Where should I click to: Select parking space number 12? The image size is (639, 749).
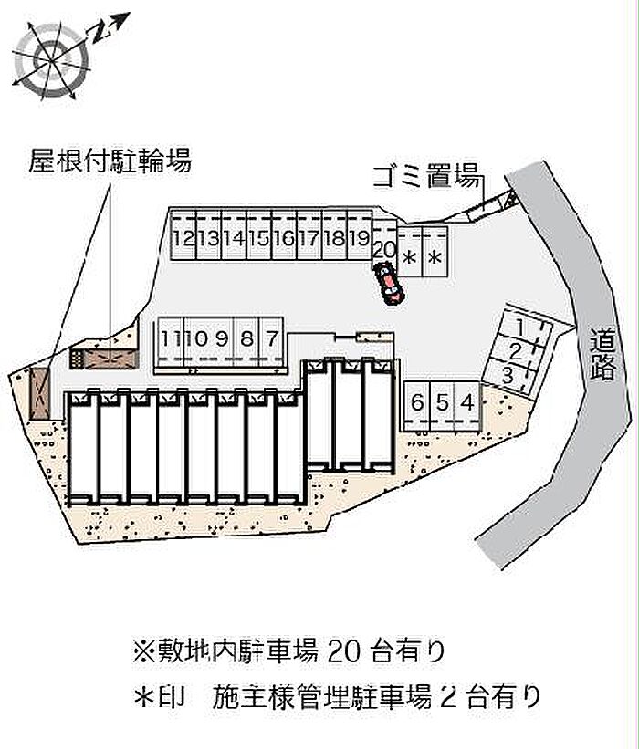click(x=181, y=239)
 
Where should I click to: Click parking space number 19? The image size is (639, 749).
click(x=359, y=239)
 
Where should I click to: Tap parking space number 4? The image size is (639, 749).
click(x=466, y=401)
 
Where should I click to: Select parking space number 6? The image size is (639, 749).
click(x=417, y=401)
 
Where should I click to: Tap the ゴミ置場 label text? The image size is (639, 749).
click(x=426, y=177)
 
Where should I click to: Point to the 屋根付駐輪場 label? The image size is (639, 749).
click(x=110, y=162)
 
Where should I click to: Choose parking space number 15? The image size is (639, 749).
click(x=257, y=239)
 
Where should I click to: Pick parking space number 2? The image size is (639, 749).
click(x=515, y=350)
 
